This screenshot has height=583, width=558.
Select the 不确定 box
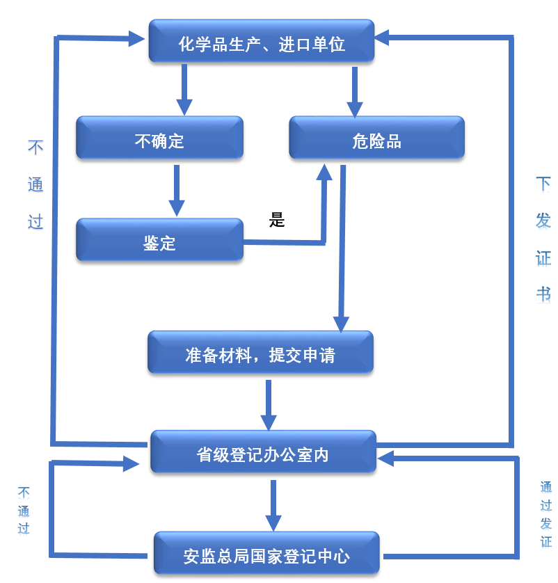pyautogui.click(x=159, y=141)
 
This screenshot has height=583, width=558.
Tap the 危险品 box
pyautogui.click(x=376, y=141)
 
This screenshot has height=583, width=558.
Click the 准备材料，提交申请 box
pyautogui.click(x=260, y=355)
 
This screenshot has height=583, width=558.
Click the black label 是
pyautogui.click(x=277, y=221)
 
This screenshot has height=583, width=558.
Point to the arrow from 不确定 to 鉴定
pyautogui.click(x=177, y=190)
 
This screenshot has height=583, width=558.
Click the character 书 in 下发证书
pyautogui.click(x=543, y=293)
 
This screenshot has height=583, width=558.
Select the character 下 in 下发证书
pyautogui.click(x=543, y=184)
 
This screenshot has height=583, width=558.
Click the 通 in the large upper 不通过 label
pyautogui.click(x=35, y=184)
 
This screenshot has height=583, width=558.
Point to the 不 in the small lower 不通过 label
pyautogui.click(x=24, y=492)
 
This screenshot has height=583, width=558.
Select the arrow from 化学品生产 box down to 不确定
pyautogui.click(x=184, y=90)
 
